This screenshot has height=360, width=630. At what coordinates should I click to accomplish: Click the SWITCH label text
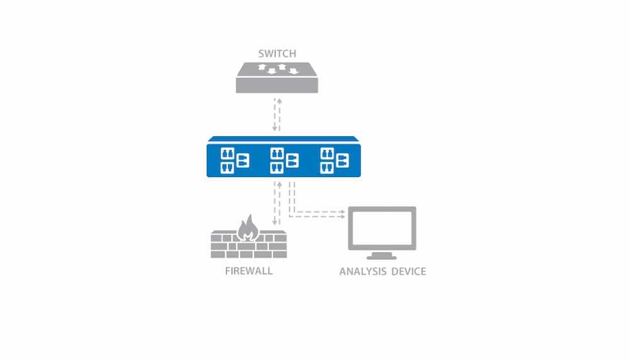point(277,54)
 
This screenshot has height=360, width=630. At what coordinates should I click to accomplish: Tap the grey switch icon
point(277,78)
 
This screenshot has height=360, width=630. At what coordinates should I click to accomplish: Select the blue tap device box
point(283,156)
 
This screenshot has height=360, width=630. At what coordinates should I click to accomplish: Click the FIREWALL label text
point(249,270)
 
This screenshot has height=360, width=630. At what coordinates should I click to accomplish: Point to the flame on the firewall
point(248,228)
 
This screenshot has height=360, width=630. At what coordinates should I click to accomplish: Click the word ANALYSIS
point(363,272)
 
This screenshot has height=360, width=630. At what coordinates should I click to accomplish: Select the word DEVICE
point(409,272)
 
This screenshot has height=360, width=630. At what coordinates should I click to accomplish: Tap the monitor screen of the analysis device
point(382,228)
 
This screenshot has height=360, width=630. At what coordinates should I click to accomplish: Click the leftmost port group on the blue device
point(234,161)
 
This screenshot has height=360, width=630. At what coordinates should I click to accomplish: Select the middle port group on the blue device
point(284,161)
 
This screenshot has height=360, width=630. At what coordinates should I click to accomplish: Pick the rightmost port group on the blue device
point(335,161)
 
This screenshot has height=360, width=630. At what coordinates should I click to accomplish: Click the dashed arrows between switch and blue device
point(277,115)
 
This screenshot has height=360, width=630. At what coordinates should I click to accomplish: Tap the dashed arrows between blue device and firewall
point(277,203)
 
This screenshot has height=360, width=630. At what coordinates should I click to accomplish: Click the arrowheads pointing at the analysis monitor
point(342,214)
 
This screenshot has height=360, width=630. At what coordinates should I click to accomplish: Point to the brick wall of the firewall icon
point(249,244)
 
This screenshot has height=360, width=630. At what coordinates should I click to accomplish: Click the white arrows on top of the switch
point(278,69)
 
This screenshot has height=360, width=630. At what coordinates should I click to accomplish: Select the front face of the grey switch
point(277,85)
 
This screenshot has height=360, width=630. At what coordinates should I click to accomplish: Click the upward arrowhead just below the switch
point(280,101)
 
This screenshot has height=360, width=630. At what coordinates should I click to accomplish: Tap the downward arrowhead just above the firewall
point(275,222)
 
